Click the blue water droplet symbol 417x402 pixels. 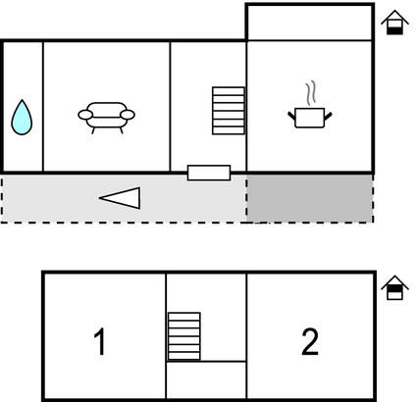click(22, 118)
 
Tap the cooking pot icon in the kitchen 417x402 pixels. click(310, 118)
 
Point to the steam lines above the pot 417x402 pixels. click(311, 93)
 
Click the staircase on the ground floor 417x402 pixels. click(229, 111)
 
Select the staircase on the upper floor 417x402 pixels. click(183, 336)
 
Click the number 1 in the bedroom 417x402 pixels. click(100, 341)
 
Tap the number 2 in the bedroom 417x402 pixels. click(310, 342)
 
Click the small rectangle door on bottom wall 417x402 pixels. click(209, 173)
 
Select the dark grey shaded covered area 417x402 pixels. click(309, 198)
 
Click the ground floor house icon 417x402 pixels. click(394, 23)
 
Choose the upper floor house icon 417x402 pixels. click(394, 287)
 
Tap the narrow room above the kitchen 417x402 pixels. click(309, 23)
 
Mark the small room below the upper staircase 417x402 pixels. click(206, 379)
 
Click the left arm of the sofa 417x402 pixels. click(85, 115)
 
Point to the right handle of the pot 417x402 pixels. click(328, 116)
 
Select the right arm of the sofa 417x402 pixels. click(128, 115)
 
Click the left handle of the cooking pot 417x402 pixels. click(291, 116)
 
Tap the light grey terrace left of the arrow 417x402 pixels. click(49, 198)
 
